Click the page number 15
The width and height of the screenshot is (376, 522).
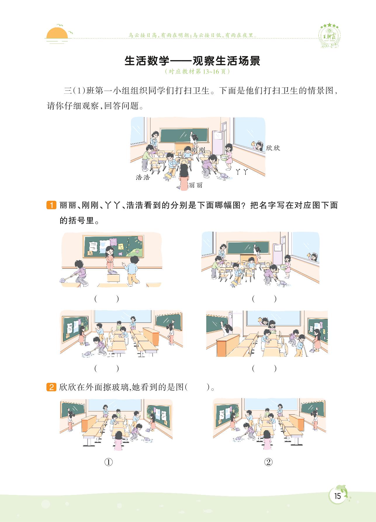[x=337, y=496]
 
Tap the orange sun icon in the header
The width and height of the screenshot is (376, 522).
[x=57, y=33]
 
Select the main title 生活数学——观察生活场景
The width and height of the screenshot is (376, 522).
[x=192, y=61]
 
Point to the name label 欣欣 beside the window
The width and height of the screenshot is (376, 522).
[x=273, y=148]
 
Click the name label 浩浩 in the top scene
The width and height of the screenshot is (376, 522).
[x=143, y=177]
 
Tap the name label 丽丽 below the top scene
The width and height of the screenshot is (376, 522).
[x=195, y=186]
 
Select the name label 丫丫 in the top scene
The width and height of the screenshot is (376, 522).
[x=242, y=172]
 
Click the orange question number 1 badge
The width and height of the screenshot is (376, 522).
[x=51, y=205]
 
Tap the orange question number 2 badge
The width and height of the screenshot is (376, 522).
[x=51, y=387]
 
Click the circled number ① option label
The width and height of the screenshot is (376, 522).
[x=108, y=462]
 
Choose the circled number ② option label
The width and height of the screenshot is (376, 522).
[x=268, y=462]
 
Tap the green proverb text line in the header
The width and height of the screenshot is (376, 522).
[x=193, y=35]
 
